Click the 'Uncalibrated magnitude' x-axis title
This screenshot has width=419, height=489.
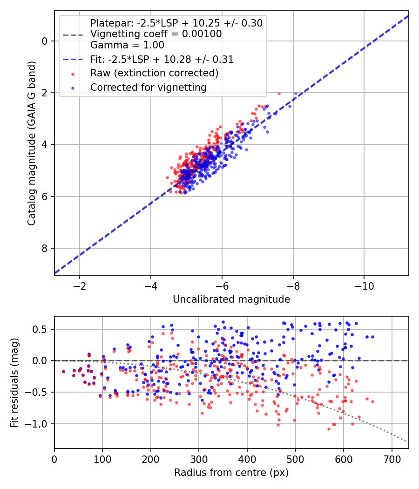point(231,299)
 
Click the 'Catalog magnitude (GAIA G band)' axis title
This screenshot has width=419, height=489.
point(31,143)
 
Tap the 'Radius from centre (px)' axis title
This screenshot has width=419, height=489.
point(231,473)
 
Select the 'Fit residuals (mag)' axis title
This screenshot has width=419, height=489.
point(14,383)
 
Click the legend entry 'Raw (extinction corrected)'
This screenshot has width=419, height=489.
point(154,73)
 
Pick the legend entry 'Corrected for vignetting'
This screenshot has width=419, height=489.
point(149,88)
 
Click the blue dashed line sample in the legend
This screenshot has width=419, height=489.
point(73,59)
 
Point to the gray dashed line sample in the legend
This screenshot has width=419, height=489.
point(73,35)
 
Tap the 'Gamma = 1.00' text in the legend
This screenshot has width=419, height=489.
point(127,45)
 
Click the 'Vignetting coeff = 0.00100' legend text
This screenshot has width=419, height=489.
point(156,34)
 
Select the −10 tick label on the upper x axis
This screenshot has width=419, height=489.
point(364,286)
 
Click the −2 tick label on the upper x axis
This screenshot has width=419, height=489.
point(80,286)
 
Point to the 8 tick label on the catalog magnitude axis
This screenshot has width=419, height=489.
point(44,248)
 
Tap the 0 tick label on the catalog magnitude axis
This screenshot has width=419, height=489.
point(44,41)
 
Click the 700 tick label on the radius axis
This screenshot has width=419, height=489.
point(392,459)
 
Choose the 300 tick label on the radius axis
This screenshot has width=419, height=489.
point(199,459)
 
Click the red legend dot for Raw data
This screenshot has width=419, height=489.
point(73,74)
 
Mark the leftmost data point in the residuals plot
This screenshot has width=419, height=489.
point(64,372)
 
